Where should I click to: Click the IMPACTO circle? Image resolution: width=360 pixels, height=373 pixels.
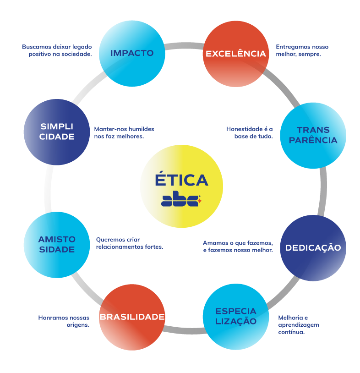pyautogui.click(x=132, y=53)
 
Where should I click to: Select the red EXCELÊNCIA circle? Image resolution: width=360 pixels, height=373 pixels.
pyautogui.click(x=235, y=54)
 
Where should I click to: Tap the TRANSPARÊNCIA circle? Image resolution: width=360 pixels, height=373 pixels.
pyautogui.click(x=313, y=135)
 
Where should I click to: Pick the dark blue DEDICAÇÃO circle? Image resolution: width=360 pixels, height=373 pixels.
pyautogui.click(x=313, y=248)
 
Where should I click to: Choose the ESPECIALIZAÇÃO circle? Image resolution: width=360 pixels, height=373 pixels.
pyautogui.click(x=236, y=316)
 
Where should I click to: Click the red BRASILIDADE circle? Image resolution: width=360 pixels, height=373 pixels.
pyautogui.click(x=132, y=317)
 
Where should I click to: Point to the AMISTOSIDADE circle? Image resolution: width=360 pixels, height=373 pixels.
pyautogui.click(x=57, y=245)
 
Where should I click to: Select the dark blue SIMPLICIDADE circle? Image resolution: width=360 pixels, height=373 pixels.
pyautogui.click(x=57, y=132)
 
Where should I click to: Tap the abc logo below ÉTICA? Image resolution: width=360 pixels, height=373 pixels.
pyautogui.click(x=181, y=201)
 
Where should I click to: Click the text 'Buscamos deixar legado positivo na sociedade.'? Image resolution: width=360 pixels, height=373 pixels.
pyautogui.click(x=57, y=50)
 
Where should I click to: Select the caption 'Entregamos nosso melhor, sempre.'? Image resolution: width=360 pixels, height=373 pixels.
pyautogui.click(x=302, y=50)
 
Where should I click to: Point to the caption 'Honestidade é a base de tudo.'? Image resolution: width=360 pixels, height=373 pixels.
pyautogui.click(x=250, y=132)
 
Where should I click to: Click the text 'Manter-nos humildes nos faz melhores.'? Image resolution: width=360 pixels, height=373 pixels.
pyautogui.click(x=124, y=132)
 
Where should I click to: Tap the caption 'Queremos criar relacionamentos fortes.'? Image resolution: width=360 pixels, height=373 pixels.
pyautogui.click(x=129, y=243)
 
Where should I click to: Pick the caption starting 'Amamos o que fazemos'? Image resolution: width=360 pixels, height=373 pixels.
pyautogui.click(x=238, y=247)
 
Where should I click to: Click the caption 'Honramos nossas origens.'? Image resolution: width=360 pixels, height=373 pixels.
pyautogui.click(x=64, y=321)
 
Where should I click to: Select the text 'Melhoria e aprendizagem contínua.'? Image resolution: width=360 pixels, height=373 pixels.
pyautogui.click(x=299, y=324)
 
